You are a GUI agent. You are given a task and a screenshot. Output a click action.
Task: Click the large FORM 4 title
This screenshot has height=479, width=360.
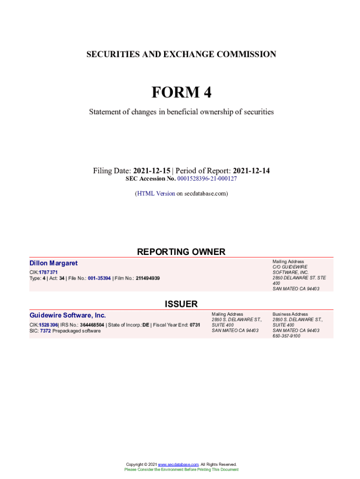(181, 92)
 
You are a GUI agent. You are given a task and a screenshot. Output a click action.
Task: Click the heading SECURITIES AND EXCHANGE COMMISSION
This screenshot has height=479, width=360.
(181, 54)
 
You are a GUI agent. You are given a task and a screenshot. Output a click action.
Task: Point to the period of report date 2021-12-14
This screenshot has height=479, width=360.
(252, 171)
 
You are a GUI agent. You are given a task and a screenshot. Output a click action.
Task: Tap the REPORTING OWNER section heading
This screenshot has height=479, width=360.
(181, 252)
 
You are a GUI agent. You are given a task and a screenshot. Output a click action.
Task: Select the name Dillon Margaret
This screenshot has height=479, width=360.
(53, 263)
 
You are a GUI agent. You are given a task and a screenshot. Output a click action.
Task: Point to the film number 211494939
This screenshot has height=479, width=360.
(148, 278)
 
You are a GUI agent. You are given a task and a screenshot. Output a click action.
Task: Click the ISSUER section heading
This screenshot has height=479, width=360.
(181, 304)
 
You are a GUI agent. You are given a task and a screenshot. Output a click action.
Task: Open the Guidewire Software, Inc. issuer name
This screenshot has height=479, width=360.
(67, 315)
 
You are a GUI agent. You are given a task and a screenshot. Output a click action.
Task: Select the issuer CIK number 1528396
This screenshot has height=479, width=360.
(49, 325)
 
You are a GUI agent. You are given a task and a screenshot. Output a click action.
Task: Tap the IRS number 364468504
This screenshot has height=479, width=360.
(92, 325)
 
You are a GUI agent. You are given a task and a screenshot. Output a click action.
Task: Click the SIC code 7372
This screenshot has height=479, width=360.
(45, 331)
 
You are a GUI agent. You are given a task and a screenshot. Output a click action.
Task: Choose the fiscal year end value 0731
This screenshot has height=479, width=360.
(195, 325)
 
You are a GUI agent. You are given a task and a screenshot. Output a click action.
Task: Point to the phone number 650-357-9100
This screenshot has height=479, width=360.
(287, 336)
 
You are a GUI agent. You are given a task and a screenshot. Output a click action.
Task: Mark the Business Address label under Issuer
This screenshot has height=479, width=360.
(290, 314)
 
